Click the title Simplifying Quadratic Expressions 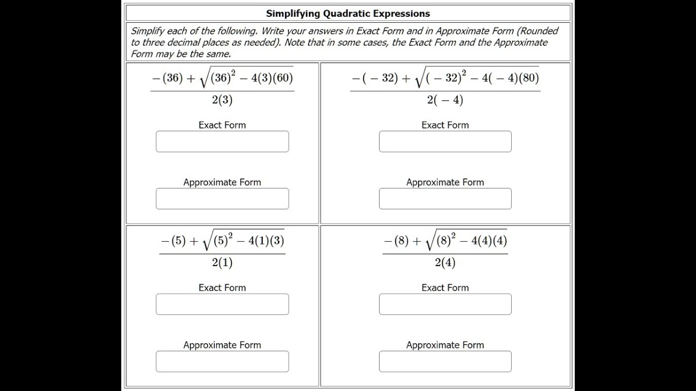click(348, 14)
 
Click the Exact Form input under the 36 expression click(222, 142)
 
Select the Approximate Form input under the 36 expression click(222, 199)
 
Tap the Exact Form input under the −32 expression click(445, 142)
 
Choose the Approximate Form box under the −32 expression click(445, 199)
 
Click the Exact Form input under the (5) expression click(222, 305)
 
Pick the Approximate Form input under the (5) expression click(222, 362)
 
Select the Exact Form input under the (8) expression click(445, 305)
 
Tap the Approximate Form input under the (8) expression click(445, 362)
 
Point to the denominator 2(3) click(222, 100)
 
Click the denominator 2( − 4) click(445, 100)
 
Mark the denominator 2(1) click(222, 263)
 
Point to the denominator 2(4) click(445, 263)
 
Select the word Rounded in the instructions click(539, 31)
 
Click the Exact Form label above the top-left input click(222, 125)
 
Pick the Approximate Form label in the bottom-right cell click(445, 345)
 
